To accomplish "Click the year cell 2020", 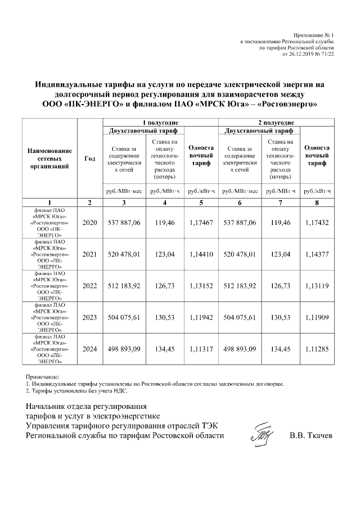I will click(89, 223).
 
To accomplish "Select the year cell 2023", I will click(89, 317).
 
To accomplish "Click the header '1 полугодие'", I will click(160, 122).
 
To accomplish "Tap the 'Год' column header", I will click(89, 159).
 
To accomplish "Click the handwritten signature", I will click(262, 434).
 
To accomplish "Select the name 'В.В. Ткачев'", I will click(311, 435).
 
